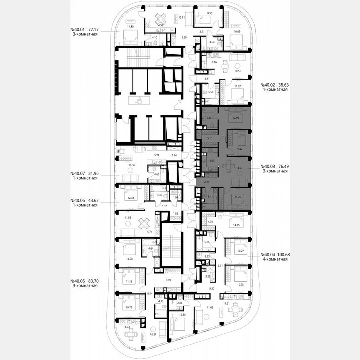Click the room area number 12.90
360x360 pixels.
coord(236,118)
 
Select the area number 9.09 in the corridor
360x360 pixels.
coord(169,280)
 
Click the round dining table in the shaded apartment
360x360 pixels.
coord(228,166)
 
